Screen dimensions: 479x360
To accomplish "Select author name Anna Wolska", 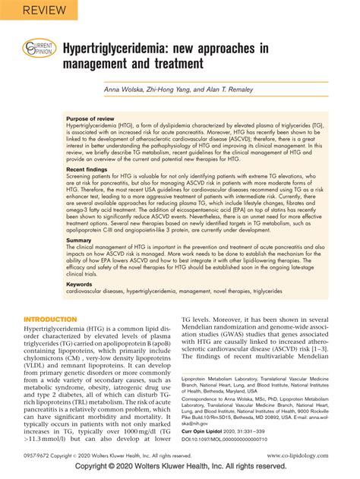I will (132, 90).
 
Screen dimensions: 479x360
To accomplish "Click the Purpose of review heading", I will (95, 120).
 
